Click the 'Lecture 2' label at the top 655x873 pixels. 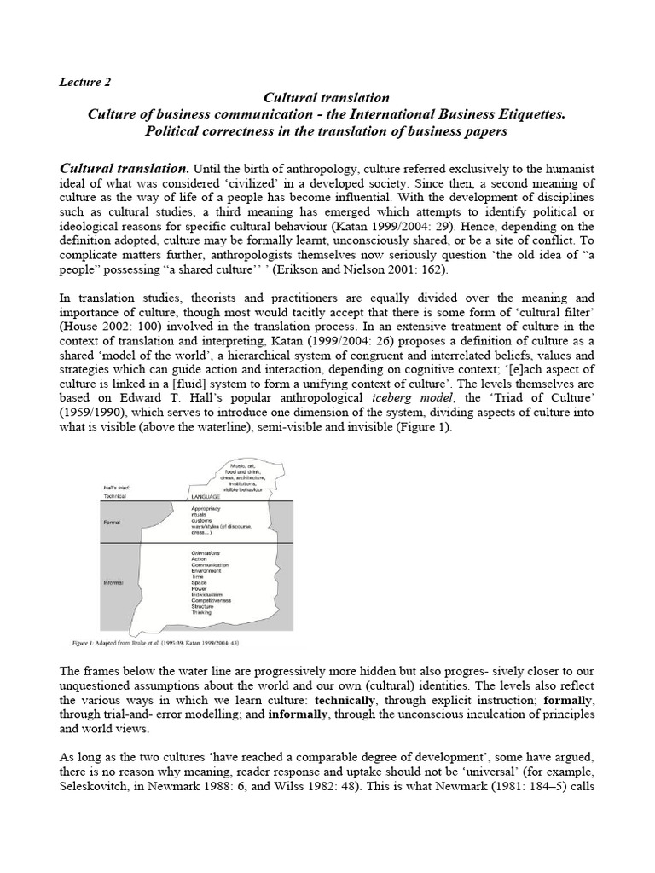click(84, 82)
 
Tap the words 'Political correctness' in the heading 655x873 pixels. click(217, 131)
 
